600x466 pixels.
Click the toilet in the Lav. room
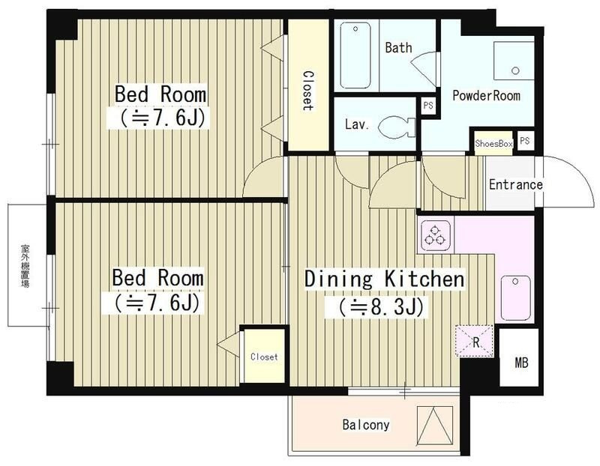[397, 126]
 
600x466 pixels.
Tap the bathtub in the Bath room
[355, 55]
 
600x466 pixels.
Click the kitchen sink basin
[515, 297]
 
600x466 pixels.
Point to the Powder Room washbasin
[514, 61]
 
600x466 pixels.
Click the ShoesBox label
[493, 144]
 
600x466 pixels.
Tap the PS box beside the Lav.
[428, 105]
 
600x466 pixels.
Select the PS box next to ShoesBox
[524, 141]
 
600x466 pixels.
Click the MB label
[521, 363]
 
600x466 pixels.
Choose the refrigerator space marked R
[475, 341]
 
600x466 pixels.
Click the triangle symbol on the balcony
[434, 426]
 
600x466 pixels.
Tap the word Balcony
[366, 425]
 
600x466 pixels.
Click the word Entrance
[516, 184]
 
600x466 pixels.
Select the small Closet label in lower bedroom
[264, 357]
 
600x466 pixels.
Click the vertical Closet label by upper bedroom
[307, 91]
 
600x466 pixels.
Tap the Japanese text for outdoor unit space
[25, 266]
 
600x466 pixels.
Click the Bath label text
[398, 48]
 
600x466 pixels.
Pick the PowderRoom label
[486, 95]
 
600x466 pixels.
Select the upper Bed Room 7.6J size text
[157, 118]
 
